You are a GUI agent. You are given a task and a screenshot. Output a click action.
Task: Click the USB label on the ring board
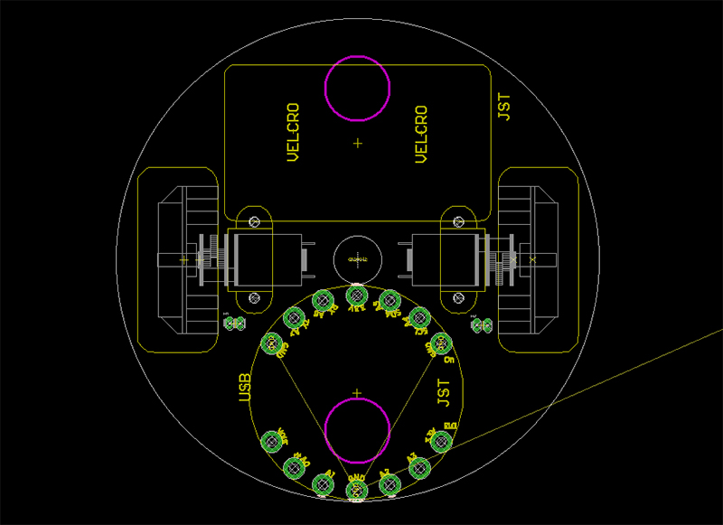coord(243,388)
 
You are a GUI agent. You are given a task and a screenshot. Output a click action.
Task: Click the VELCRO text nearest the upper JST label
coord(420,135)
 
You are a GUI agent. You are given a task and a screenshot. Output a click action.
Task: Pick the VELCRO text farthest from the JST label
coord(292,133)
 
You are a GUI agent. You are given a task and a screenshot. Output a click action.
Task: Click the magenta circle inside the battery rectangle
coord(358,88)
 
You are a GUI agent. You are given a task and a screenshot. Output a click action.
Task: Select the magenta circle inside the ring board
coord(358,431)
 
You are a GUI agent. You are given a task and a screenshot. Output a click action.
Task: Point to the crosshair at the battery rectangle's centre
coord(358,143)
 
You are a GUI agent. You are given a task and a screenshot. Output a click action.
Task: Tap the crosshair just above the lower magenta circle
coord(358,394)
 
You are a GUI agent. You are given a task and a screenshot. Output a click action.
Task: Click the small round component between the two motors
coord(358,258)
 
